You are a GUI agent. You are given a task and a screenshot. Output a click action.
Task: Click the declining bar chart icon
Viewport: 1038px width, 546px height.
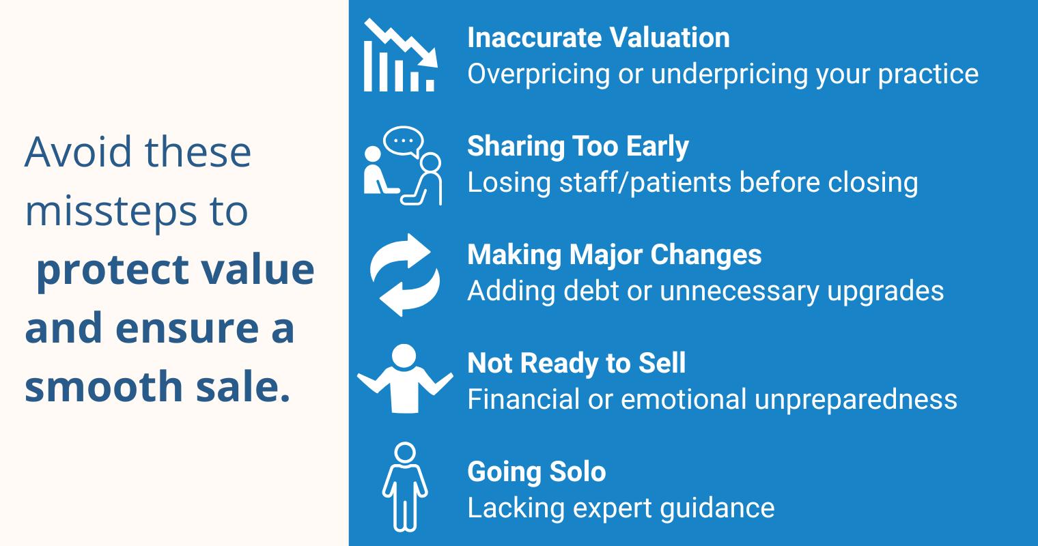(401, 55)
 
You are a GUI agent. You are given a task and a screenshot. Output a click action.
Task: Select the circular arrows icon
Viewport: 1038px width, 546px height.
(405, 275)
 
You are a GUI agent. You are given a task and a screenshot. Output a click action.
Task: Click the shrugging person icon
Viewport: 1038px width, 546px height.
(405, 378)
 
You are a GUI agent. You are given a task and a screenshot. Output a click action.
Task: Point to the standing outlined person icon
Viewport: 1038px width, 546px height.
(405, 487)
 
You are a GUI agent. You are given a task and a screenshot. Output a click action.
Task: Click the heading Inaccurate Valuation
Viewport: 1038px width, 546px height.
(598, 38)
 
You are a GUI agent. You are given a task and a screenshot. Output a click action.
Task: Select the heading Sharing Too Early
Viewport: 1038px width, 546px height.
(578, 146)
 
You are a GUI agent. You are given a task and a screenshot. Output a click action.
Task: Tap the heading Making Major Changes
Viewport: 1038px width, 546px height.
(614, 255)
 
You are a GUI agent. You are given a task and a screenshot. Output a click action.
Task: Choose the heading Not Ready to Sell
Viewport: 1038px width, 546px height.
(576, 363)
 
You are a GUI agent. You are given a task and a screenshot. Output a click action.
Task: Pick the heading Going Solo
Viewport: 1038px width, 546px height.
(536, 472)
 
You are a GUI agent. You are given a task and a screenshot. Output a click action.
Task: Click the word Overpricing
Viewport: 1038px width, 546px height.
(538, 74)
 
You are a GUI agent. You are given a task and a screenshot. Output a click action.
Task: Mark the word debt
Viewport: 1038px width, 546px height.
(591, 291)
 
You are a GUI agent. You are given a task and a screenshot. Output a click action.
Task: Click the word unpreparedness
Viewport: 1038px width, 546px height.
(856, 400)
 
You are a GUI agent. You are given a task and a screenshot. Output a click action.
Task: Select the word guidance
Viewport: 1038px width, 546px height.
(717, 508)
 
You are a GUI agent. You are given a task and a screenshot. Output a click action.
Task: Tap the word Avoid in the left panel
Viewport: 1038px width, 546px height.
(78, 152)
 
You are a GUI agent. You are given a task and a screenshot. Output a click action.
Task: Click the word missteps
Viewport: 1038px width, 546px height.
(111, 212)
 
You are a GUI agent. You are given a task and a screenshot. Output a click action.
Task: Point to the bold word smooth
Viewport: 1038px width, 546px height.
(104, 386)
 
